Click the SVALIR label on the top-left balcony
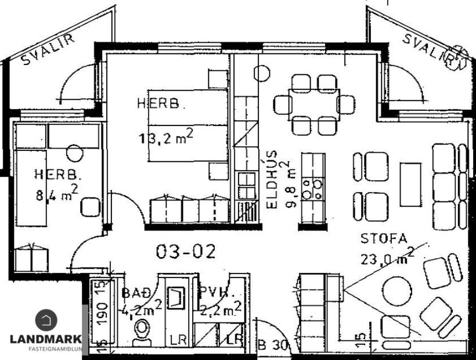49,50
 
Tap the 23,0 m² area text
387,255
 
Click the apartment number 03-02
186,251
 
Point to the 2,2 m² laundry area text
219,311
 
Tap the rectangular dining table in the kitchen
314,104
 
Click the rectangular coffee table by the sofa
410,185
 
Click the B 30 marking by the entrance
273,344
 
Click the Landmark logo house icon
46,321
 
